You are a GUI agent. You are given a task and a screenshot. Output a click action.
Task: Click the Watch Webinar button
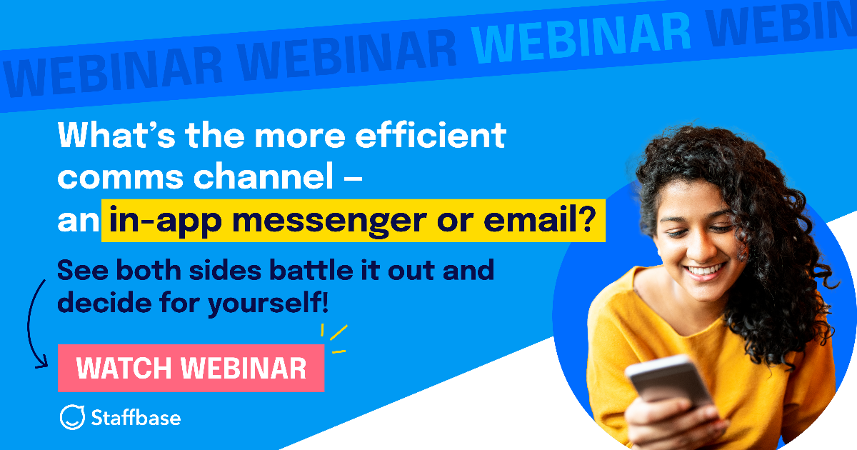pyautogui.click(x=191, y=369)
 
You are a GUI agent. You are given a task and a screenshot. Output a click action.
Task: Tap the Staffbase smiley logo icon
pyautogui.click(x=72, y=417)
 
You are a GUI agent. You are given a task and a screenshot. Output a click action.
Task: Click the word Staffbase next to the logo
pyautogui.click(x=136, y=417)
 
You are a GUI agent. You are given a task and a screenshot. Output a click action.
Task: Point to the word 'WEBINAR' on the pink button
pyautogui.click(x=244, y=369)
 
